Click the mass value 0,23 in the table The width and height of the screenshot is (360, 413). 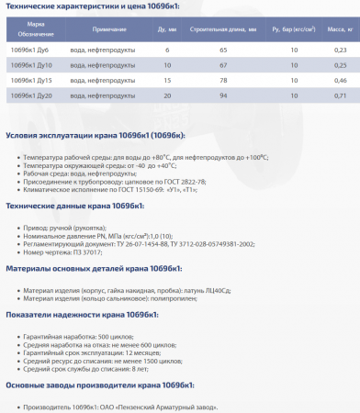pyautogui.click(x=340, y=50)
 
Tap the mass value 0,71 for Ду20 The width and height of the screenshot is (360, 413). pyautogui.click(x=340, y=96)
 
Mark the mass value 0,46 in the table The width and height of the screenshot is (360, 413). pyautogui.click(x=340, y=81)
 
